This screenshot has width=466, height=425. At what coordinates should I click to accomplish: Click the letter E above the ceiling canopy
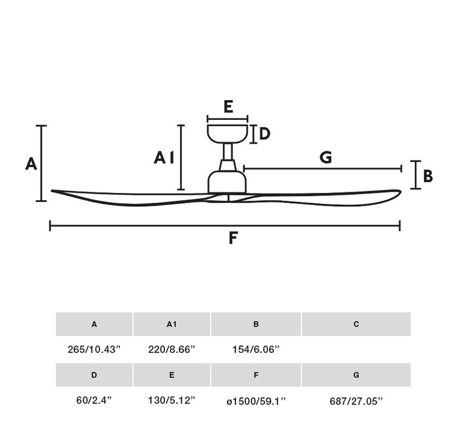228,107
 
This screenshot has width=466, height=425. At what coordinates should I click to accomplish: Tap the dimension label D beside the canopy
264,134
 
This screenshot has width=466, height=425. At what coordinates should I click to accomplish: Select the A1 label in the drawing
164,158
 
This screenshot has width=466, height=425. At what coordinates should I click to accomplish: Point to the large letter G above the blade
326,157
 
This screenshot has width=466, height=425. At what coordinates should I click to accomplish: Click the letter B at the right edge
428,176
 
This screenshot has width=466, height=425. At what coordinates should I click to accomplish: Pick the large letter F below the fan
233,238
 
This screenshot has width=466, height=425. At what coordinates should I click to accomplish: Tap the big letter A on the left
31,164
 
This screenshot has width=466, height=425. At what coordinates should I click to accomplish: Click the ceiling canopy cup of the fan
228,134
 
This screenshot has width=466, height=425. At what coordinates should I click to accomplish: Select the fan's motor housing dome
227,181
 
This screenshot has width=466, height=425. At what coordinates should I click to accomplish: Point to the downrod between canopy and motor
228,151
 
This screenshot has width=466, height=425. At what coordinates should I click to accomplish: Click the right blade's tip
400,191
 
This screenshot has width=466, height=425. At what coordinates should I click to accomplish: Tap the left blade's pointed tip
52,190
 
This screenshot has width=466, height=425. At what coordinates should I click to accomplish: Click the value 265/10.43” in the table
94,350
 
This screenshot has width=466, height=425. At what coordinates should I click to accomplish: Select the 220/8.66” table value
172,350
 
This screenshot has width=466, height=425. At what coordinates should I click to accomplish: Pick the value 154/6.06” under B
256,350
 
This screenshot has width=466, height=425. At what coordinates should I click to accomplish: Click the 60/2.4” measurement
94,400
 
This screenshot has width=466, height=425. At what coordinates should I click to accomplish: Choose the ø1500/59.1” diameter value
256,401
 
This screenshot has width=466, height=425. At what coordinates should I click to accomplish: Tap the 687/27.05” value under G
356,401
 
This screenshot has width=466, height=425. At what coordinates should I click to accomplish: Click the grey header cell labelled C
356,324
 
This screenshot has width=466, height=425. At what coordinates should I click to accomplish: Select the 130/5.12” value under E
172,400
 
